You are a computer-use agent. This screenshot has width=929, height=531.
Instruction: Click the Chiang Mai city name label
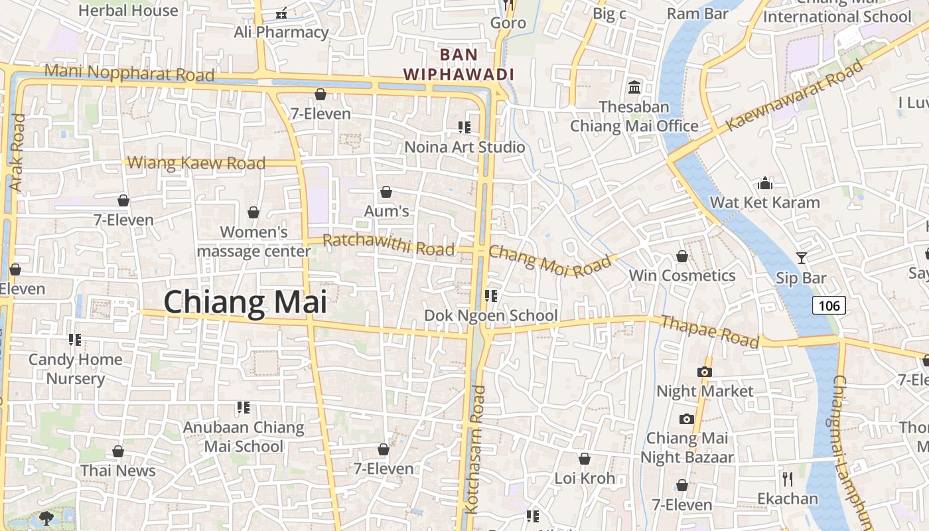(246, 302)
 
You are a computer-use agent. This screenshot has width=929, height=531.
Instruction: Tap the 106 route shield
(829, 305)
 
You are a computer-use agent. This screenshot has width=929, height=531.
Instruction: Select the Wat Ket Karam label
(765, 202)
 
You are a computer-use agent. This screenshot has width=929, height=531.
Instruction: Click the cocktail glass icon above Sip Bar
(802, 258)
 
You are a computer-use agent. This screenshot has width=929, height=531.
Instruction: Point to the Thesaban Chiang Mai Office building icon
(634, 87)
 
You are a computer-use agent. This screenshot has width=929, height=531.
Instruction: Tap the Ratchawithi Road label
(389, 245)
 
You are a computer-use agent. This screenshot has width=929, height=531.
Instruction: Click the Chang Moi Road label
(549, 261)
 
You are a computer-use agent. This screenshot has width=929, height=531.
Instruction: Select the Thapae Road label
(710, 331)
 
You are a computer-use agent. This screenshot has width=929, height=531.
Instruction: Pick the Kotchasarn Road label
(476, 450)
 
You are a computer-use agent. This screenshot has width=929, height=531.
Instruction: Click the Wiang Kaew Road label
(196, 163)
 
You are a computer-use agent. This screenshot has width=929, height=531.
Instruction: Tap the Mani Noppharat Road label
(129, 72)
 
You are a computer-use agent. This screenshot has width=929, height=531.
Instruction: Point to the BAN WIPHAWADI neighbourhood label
(459, 64)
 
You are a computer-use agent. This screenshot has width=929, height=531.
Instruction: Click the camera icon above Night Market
(705, 372)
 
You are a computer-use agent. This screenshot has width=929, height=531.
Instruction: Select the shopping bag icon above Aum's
(386, 192)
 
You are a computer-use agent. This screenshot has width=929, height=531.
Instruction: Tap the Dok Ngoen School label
(491, 315)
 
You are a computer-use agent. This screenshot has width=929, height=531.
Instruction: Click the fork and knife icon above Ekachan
(788, 479)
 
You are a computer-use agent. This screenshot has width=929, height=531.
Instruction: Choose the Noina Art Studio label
(464, 147)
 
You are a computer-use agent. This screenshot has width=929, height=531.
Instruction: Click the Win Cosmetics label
(682, 275)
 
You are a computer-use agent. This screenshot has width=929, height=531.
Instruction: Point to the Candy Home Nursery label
(76, 369)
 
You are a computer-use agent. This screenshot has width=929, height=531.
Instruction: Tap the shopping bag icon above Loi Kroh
(585, 459)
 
